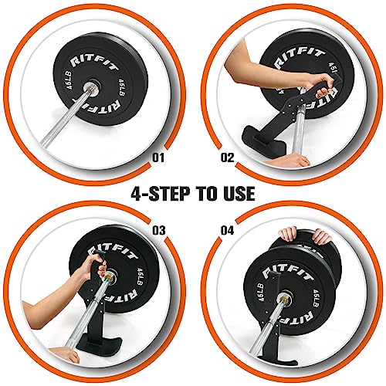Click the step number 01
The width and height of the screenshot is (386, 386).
pos(160,160)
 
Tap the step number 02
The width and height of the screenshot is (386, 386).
pos(227,160)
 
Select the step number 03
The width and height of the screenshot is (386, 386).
pos(160,229)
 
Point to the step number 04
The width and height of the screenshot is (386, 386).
pos(227,229)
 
